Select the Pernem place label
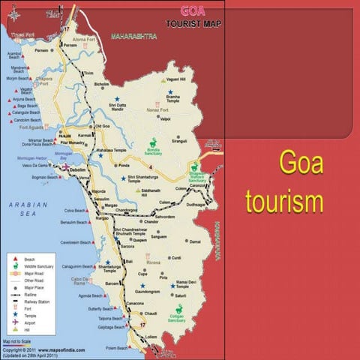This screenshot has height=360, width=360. point(40,50)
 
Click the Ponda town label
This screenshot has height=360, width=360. point(124,164)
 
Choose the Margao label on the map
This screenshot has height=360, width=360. point(111,205)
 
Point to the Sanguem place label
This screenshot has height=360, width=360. point(158,236)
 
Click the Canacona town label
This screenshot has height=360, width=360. point(134,303)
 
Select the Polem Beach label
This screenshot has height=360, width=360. point(116,348)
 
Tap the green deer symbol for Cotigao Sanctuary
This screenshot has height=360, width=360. point(179,310)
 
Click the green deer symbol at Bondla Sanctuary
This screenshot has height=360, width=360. point(154,142)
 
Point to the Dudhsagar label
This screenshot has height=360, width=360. point(196,203)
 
